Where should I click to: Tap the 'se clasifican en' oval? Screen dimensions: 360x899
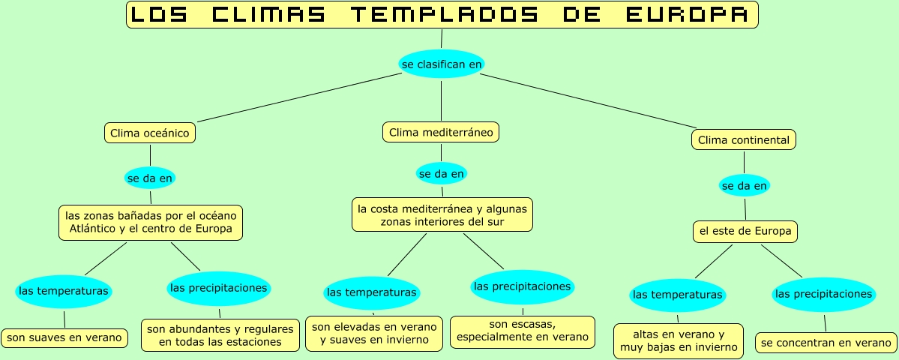441,64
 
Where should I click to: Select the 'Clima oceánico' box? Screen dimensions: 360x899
151,133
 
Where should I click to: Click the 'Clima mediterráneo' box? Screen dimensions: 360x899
441,133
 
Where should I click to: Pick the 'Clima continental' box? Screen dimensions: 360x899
743,139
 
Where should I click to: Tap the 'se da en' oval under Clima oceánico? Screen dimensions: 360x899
150,178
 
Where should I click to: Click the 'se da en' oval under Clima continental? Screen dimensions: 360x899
744,185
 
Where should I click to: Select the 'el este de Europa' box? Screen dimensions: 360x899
745,232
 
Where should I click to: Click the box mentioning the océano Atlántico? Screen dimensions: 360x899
151,222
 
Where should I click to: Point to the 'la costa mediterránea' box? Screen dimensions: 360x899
442,214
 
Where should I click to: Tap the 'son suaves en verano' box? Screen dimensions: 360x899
64,338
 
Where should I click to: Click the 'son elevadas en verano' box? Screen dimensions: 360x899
373,334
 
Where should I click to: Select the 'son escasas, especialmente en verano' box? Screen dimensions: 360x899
523,331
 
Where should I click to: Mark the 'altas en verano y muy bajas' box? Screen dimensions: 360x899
678,341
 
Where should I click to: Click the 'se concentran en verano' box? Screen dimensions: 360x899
826,343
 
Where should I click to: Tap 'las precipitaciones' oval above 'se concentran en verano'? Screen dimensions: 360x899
823,295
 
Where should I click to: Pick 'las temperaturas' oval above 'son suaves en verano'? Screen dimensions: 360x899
64,291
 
